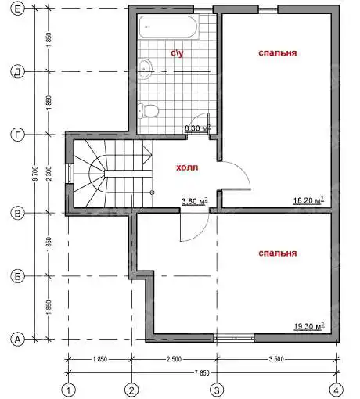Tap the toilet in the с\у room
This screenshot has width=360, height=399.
click(148, 111)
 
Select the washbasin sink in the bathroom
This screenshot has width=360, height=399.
click(145, 68)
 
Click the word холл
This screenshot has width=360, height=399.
click(187, 167)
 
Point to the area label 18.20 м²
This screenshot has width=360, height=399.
click(308, 200)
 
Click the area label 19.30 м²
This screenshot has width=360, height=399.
click(309, 326)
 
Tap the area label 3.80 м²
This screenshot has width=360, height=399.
click(195, 201)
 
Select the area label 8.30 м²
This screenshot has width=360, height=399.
click(197, 128)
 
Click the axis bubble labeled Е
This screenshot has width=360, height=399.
click(17, 9)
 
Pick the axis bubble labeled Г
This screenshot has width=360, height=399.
click(17, 135)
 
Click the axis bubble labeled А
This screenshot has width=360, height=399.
click(17, 340)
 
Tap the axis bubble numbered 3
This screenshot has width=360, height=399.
click(217, 390)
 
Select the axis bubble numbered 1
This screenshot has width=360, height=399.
click(69, 390)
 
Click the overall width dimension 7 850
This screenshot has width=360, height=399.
click(202, 373)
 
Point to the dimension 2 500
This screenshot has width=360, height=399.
click(174, 359)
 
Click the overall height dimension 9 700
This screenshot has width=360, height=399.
click(36, 174)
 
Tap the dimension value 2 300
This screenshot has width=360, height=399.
click(49, 174)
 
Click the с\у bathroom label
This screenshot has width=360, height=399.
click(177, 53)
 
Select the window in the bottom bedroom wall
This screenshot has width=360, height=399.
click(234, 338)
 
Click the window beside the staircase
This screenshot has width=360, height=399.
click(70, 174)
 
